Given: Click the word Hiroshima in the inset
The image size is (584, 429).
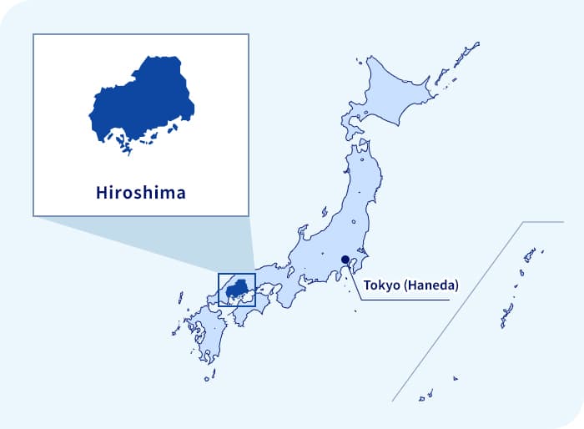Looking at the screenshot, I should click(140, 193).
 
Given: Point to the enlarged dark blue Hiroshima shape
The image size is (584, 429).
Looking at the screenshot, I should click(142, 104).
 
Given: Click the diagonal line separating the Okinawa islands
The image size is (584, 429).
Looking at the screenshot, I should click(459, 309).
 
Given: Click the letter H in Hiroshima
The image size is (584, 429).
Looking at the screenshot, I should click(100, 193).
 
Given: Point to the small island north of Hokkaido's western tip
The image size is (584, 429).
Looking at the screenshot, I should click(359, 61).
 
